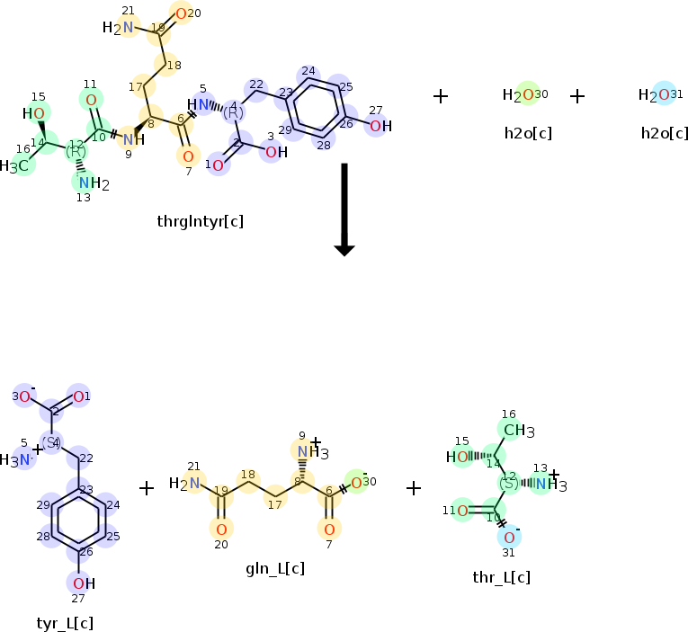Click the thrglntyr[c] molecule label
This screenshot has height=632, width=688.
click(200, 221)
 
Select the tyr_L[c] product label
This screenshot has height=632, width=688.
click(65, 623)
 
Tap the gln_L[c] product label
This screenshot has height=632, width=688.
click(274, 568)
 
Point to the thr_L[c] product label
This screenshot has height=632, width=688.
click(501, 577)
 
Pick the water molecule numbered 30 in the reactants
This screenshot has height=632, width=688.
click(523, 95)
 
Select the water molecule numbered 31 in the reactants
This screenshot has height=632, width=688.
click(658, 95)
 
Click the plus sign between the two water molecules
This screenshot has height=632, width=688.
click(577, 95)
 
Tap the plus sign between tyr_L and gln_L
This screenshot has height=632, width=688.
click(147, 487)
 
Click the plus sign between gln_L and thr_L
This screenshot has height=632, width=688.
click(414, 487)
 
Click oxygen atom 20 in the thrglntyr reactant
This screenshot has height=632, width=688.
click(182, 13)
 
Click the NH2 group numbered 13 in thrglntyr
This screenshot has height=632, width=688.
click(91, 184)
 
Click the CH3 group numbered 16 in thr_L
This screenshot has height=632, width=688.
click(516, 431)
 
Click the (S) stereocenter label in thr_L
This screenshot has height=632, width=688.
click(509, 484)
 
